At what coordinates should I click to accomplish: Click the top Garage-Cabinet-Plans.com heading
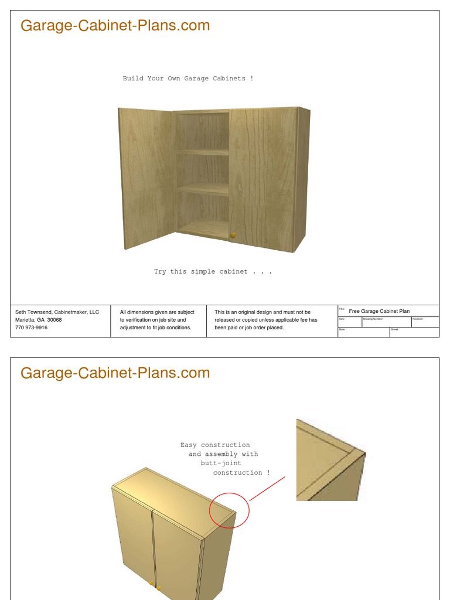point(115,26)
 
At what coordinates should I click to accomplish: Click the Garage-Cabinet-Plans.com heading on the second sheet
point(115,373)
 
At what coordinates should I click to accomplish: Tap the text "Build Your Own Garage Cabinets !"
point(188,79)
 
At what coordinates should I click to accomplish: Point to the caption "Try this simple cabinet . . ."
point(213,272)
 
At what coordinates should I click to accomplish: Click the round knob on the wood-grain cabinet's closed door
point(233,235)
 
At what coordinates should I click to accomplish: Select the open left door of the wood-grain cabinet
point(146,176)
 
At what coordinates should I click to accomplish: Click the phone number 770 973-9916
point(32,328)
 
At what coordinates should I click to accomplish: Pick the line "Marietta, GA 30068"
point(39,320)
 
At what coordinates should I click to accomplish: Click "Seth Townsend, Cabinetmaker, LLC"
point(57,312)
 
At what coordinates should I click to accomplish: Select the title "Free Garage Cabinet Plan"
point(379,311)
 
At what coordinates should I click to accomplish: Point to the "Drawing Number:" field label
point(373,319)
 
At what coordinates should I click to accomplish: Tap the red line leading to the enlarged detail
point(267,489)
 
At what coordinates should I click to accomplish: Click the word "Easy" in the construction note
point(189,445)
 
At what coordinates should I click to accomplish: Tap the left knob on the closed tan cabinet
point(152,583)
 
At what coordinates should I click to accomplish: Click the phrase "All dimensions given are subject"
point(157,312)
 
